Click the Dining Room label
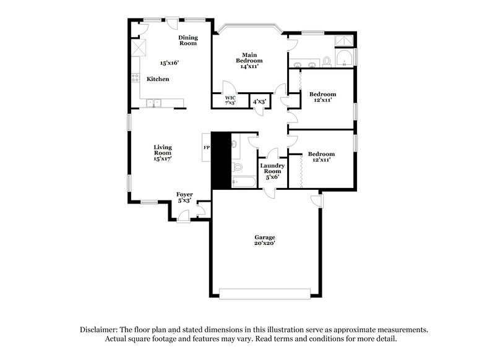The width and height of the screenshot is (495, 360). [x=188, y=41]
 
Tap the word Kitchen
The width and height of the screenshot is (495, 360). [x=158, y=80]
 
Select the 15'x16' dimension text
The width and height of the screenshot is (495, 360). [x=170, y=63]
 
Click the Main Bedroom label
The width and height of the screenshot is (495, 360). [x=249, y=60]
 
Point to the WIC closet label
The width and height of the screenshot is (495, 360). [x=230, y=100]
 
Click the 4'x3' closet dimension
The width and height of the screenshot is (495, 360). [x=259, y=101]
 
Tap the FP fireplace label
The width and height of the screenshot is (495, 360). [x=207, y=148]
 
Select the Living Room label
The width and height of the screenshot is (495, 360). [x=163, y=153]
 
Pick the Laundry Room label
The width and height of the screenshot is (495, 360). [x=272, y=171]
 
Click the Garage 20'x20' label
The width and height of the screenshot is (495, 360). [x=265, y=240]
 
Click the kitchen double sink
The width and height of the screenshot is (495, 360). [x=152, y=103]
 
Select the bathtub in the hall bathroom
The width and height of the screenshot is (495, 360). [x=243, y=182]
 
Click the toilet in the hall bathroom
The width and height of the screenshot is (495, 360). [x=237, y=166]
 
